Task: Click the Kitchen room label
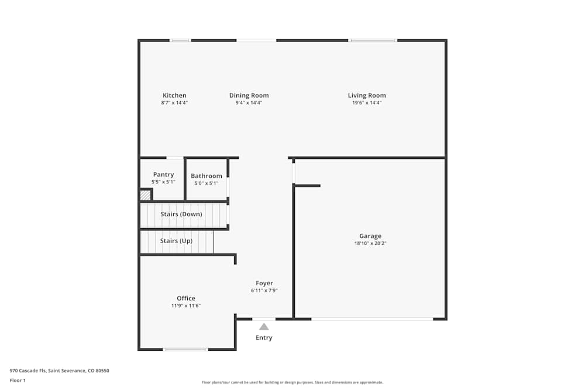pos(174,95)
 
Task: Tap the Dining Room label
pos(249,95)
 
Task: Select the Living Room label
pos(367,95)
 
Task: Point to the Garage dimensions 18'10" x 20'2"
pos(370,243)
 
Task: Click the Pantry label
pos(163,174)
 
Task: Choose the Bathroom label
pos(207,175)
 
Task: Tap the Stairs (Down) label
pos(181,214)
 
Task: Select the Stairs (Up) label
pos(176,240)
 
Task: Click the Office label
pos(186,298)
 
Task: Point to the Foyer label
pos(264,283)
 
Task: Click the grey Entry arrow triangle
pos(264,327)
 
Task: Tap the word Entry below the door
pos(264,337)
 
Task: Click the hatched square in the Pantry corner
pos(145,195)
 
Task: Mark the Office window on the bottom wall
pos(185,350)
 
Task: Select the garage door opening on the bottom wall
pos(372,319)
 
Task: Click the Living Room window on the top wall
pos(373,40)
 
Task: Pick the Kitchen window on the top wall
pos(180,40)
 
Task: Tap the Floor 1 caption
pos(18,380)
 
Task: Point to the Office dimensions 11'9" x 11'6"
pos(186,305)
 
